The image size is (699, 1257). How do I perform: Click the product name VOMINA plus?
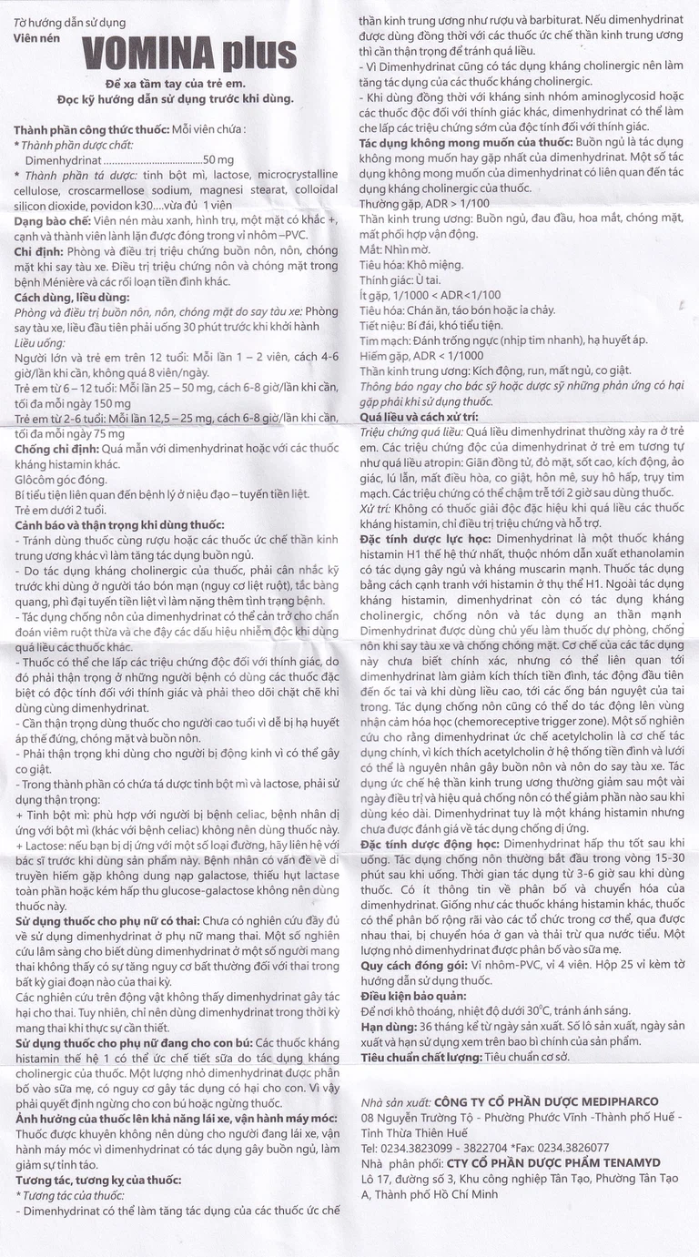(189, 56)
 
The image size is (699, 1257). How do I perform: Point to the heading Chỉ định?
(36, 251)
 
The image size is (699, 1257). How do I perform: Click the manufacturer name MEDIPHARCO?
(611, 1101)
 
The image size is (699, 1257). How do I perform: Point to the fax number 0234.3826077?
(574, 1148)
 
